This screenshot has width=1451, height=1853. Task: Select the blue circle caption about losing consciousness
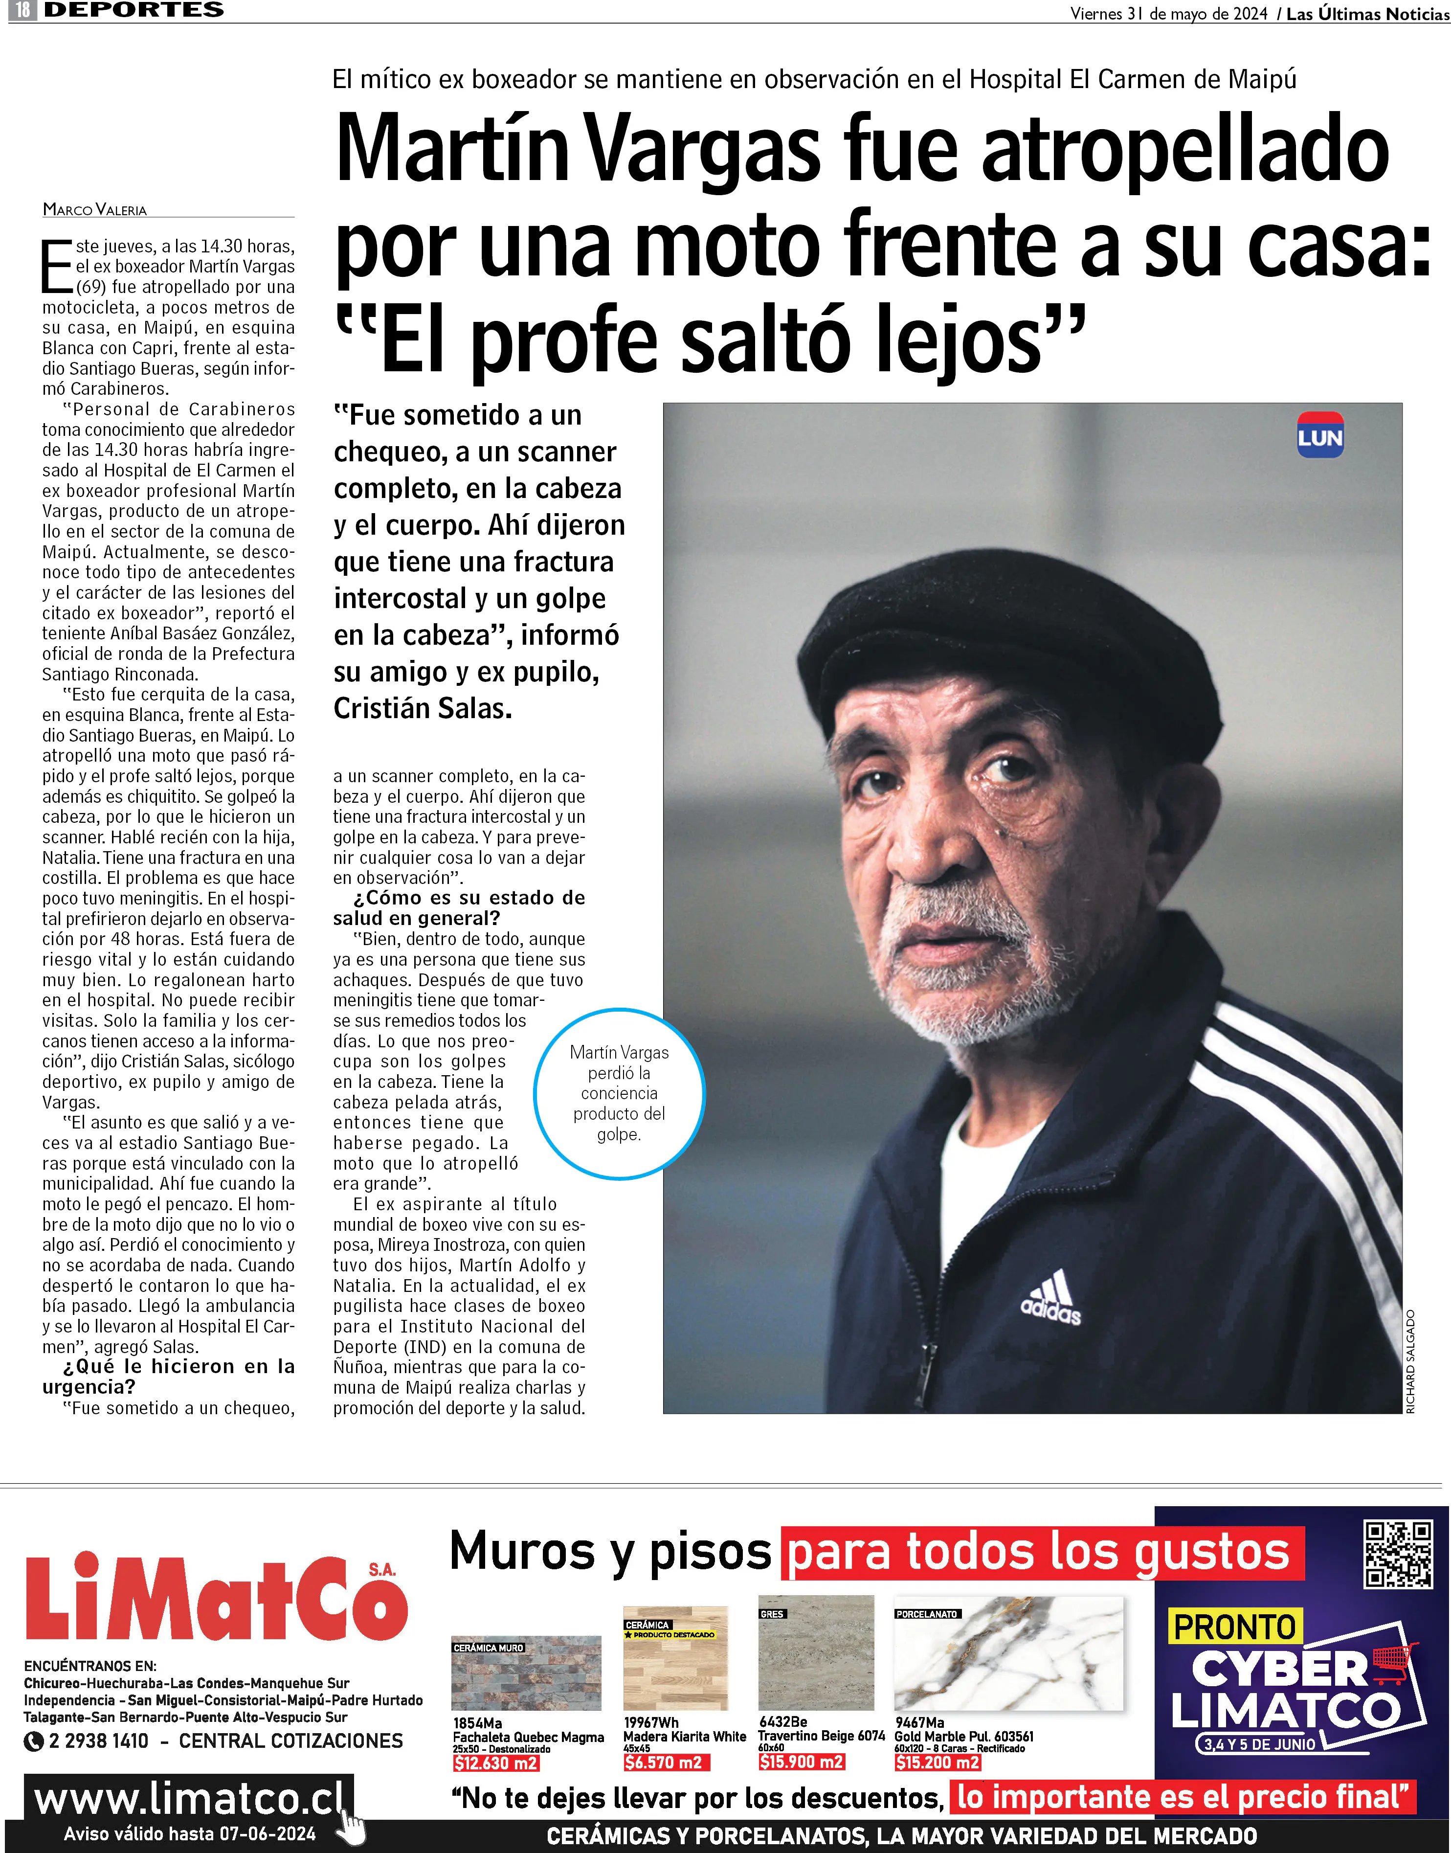(x=619, y=1093)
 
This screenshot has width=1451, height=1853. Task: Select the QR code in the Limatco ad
(x=1398, y=1555)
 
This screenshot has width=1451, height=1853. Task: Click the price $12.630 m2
(x=495, y=1763)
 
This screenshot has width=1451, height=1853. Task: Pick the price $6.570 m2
(x=665, y=1763)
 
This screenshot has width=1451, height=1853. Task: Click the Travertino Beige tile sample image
(x=816, y=1652)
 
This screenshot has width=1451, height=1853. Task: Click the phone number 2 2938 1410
(x=99, y=1741)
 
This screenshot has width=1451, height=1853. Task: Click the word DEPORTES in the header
(x=134, y=10)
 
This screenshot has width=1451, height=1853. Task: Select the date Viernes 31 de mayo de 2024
(x=1168, y=14)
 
